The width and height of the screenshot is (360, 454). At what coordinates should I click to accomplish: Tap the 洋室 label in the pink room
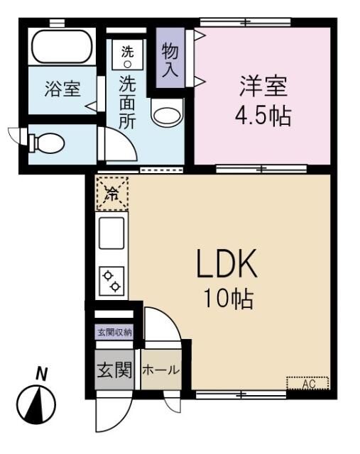(x=262, y=88)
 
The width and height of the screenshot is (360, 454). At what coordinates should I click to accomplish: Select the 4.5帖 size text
(x=263, y=115)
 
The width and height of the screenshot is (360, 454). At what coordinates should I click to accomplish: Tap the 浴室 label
(x=62, y=89)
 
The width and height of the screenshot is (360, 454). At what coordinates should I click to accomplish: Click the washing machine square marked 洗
(x=128, y=55)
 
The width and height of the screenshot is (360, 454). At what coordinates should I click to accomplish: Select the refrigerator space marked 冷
(x=112, y=194)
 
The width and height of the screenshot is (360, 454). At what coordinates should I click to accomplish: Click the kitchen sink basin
(x=111, y=233)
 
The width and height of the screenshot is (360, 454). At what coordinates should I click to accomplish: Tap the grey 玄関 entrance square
(x=114, y=370)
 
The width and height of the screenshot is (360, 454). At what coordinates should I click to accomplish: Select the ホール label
(x=160, y=370)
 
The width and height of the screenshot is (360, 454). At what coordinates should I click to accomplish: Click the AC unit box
(x=308, y=384)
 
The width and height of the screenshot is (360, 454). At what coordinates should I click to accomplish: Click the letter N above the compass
(x=42, y=373)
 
